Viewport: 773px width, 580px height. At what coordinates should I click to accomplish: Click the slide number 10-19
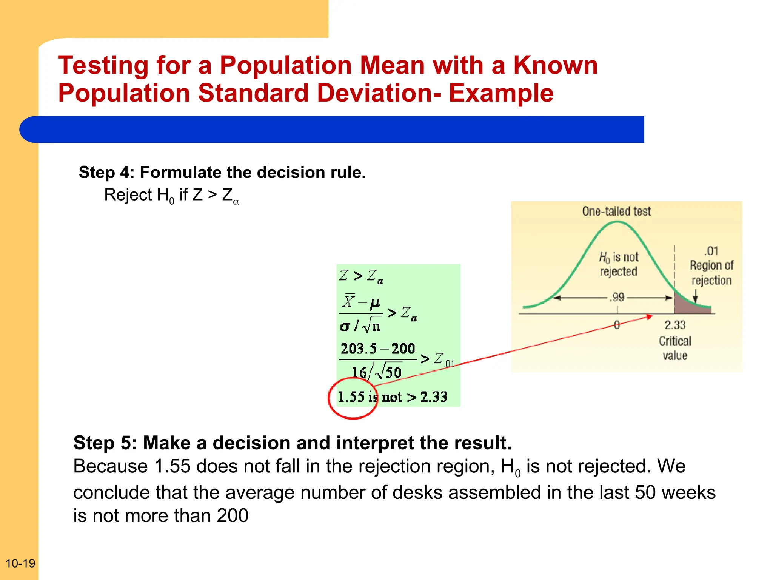click(20, 563)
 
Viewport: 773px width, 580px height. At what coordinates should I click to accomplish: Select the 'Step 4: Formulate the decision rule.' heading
click(222, 173)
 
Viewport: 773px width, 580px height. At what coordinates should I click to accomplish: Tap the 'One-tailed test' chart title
click(616, 211)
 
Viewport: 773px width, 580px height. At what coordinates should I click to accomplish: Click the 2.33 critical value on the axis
click(675, 325)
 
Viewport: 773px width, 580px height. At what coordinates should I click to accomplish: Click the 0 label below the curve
click(617, 325)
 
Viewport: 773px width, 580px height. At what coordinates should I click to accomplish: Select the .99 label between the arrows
click(617, 297)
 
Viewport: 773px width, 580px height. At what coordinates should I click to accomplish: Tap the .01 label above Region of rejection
click(711, 251)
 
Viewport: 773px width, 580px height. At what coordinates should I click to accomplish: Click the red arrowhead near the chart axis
click(650, 316)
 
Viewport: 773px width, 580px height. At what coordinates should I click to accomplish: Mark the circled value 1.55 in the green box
click(351, 397)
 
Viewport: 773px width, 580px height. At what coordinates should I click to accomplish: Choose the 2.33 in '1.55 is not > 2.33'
click(434, 397)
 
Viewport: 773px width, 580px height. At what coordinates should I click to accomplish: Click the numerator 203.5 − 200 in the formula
click(377, 349)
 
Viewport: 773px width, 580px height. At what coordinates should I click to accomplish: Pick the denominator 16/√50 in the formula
click(376, 372)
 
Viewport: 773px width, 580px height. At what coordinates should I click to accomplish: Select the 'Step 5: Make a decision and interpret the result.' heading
click(292, 443)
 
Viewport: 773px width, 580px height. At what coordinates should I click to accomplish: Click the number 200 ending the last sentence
click(233, 515)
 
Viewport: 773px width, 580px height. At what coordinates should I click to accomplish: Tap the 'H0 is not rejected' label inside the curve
click(618, 264)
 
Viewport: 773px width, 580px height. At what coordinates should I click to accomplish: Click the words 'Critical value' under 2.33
click(675, 348)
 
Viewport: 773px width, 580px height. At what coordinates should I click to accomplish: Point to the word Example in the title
click(501, 93)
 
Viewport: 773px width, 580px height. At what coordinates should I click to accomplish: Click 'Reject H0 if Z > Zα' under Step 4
click(171, 196)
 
